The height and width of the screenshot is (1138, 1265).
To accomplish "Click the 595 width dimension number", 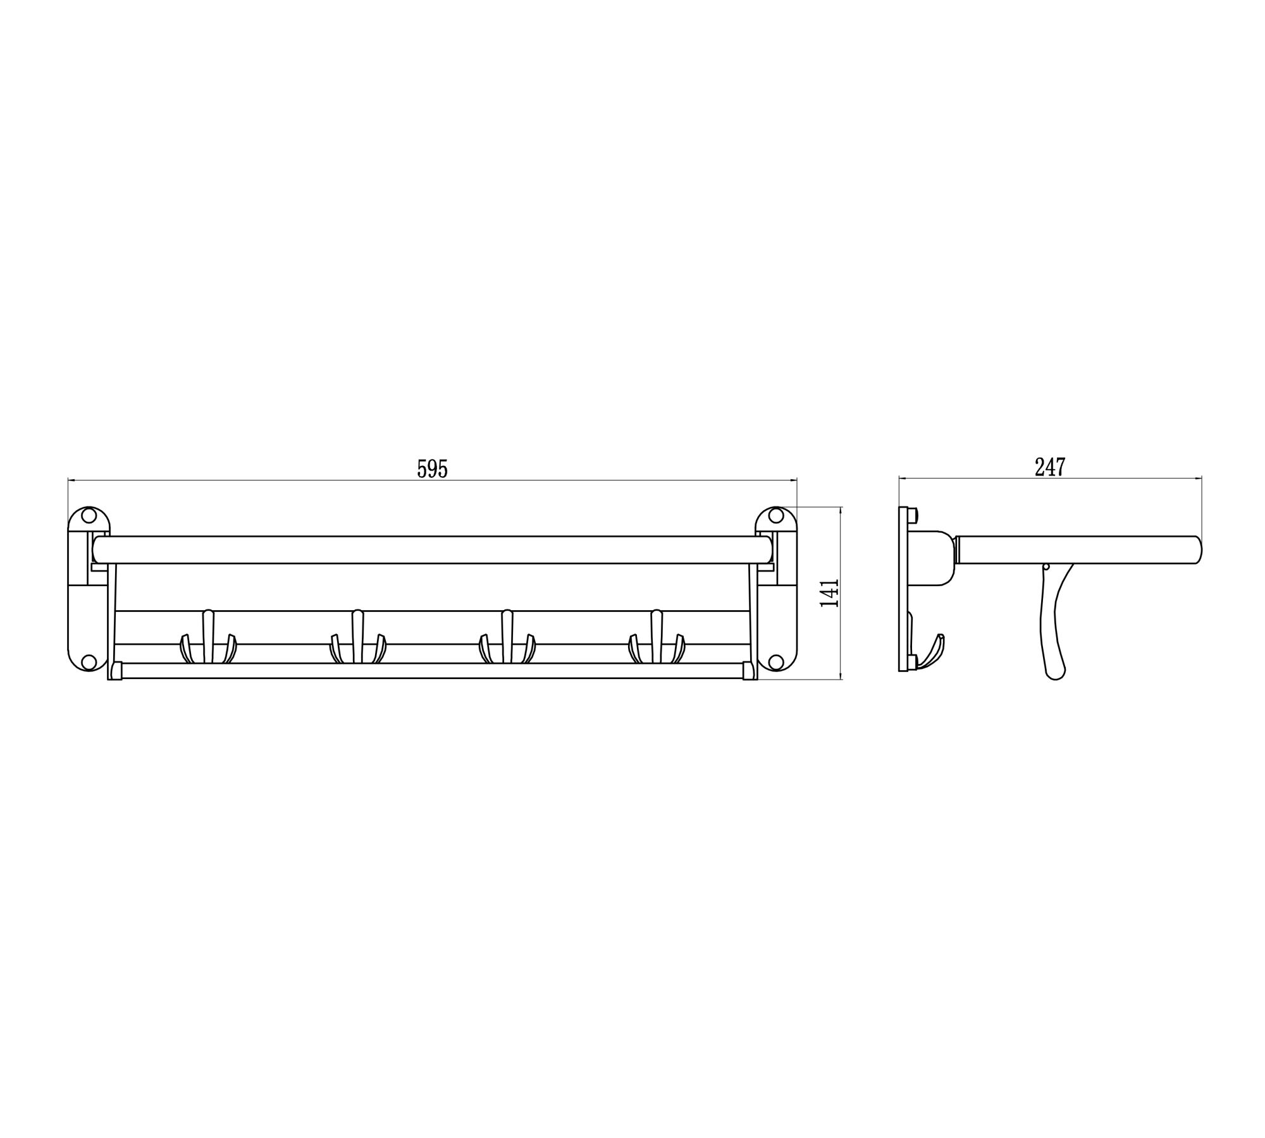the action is tap(433, 468).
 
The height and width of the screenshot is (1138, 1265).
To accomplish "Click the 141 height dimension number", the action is tap(829, 593).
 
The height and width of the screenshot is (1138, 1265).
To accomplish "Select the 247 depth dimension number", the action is tap(1051, 467).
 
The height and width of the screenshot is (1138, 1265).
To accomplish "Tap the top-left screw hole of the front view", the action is tap(89, 516).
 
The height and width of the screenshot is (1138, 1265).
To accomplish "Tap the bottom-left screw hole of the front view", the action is tap(89, 662).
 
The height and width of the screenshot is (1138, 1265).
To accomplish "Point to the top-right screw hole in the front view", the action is tap(776, 516).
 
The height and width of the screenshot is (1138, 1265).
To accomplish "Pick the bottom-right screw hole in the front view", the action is tap(776, 662).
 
